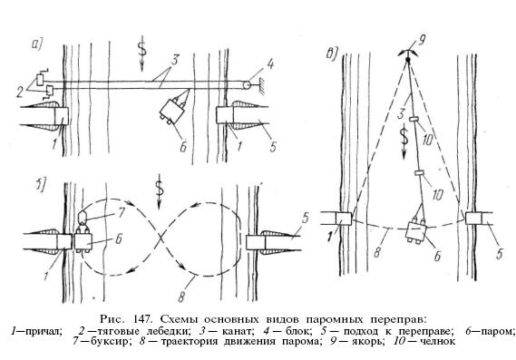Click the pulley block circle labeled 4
point(246,84)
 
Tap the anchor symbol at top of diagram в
point(408,56)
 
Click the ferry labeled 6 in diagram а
point(172,111)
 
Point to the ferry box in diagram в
point(416,231)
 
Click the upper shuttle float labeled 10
point(414,119)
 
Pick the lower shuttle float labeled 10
point(419,172)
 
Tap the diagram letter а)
point(37,44)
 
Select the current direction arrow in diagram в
point(404,141)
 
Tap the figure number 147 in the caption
point(142,319)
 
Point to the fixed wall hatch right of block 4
point(263,85)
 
